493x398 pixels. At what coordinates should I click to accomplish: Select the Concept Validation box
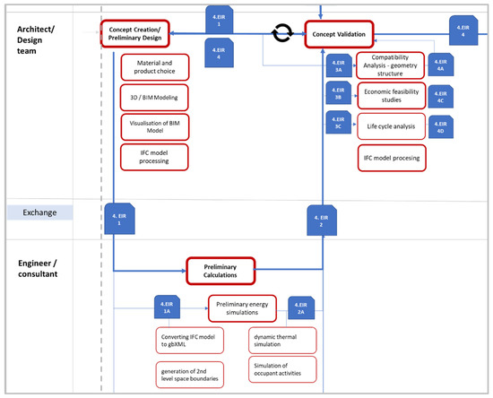[x=340, y=34]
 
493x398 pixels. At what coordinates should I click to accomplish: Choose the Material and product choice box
[x=153, y=68]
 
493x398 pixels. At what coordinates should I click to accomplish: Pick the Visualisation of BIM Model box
[x=153, y=126]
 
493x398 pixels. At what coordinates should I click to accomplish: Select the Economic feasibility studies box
[x=392, y=94]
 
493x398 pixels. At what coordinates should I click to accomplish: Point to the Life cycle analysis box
[x=392, y=126]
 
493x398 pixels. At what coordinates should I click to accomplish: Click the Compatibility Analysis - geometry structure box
[x=392, y=66]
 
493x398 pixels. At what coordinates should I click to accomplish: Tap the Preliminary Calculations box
[x=221, y=270]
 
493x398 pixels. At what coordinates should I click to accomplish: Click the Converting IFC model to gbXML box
[x=188, y=342]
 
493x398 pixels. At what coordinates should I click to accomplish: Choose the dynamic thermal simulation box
[x=282, y=340]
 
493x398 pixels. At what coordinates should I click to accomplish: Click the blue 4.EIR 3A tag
[x=339, y=65]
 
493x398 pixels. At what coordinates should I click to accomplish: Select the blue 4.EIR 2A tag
[x=307, y=307]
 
